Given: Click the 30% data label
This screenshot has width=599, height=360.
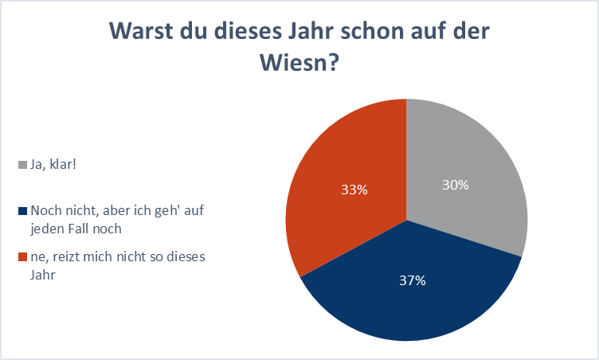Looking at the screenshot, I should (456, 185).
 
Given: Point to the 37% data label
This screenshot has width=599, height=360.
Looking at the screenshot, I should (413, 280).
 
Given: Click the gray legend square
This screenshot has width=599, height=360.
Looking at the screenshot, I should (22, 166).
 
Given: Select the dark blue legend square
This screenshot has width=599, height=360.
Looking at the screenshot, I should (22, 211).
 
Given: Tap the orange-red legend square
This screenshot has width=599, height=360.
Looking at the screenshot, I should (22, 256).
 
